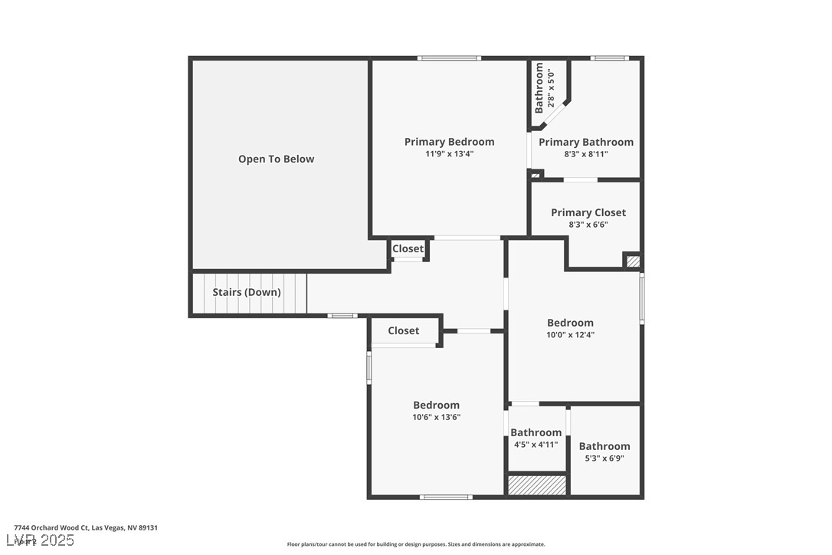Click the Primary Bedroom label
[449, 142]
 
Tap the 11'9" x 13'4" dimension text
[449, 154]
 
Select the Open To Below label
[276, 159]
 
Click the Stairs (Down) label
[247, 292]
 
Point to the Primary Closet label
[588, 212]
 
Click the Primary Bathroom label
[586, 142]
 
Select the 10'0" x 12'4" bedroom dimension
[570, 335]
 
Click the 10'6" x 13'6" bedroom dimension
[436, 418]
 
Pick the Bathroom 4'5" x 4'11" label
[536, 432]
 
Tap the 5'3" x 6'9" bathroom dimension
[604, 458]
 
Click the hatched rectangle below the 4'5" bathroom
[537, 485]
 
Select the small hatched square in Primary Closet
[633, 261]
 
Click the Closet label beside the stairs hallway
[408, 248]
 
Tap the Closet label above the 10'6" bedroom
[403, 330]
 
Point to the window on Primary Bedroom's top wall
[449, 58]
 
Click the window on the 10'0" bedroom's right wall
[642, 297]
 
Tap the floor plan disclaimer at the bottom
[416, 544]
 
